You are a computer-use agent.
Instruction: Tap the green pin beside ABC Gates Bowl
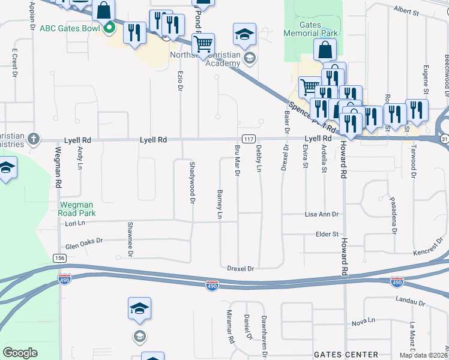109,27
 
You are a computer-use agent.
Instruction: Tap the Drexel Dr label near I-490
242,269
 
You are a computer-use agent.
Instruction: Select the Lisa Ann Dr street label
322,214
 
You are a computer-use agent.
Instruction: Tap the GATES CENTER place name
346,355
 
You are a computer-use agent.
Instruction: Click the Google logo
20,352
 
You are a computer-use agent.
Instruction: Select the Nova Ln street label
364,323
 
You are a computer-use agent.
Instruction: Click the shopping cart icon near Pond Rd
203,44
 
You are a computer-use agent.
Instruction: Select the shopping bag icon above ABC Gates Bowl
104,10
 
